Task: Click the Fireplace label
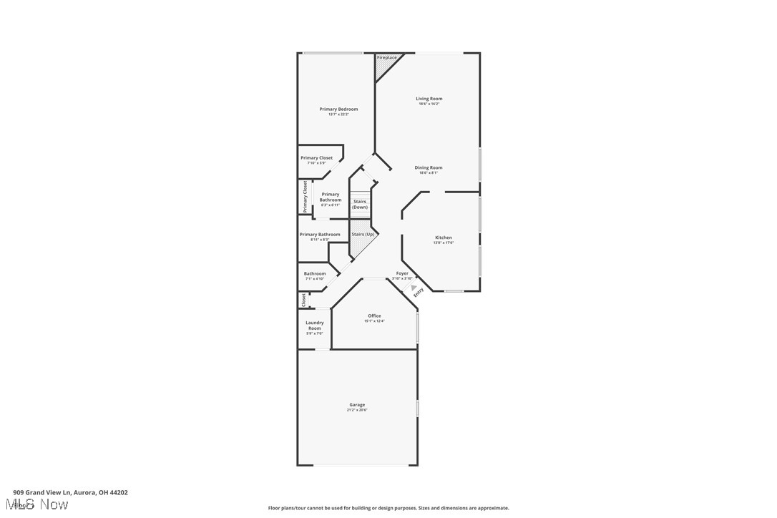coord(386,58)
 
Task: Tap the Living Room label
coord(429,99)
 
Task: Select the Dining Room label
coord(429,168)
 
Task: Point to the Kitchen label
coord(444,238)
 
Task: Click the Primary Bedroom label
coord(338,109)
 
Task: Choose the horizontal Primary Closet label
coord(316,158)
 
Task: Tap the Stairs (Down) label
coord(360,205)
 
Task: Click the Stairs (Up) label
coord(363,234)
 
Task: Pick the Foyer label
coord(402,273)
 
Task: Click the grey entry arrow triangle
coord(413,288)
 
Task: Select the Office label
coord(374,316)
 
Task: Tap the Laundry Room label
coord(315,326)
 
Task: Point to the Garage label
coord(357,405)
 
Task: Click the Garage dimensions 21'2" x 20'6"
coord(357,410)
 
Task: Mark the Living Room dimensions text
coord(429,104)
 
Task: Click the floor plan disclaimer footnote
coord(388,508)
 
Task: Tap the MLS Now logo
coord(40,504)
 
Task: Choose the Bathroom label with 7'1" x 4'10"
coord(315,274)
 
